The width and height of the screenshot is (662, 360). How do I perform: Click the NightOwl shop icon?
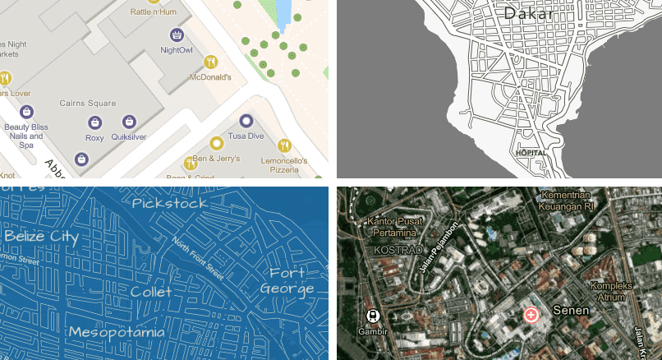coord(176,35)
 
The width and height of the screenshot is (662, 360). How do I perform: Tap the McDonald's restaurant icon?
coord(210,62)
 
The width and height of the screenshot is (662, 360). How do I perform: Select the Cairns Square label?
coord(87,104)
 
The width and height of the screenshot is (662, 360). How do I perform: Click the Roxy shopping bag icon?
coord(94,122)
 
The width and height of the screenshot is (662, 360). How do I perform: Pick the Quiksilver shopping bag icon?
coord(128,122)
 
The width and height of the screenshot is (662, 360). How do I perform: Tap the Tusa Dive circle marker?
coord(246,121)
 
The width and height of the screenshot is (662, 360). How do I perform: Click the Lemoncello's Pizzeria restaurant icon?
coord(283,145)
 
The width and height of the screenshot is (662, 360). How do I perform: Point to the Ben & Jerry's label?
coord(215,158)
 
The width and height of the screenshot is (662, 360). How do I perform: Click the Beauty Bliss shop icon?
coord(26,112)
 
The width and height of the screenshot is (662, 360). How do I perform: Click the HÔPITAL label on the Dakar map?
coord(530,153)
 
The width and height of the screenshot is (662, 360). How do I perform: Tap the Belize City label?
coord(41,237)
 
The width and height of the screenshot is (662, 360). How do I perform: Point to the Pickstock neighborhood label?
coord(169,202)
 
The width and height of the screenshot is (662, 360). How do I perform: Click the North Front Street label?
coord(198,257)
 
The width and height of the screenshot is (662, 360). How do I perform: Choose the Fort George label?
coord(287,280)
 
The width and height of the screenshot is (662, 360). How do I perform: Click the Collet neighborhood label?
coord(151,292)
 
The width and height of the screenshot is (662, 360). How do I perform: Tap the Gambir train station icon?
coord(371,316)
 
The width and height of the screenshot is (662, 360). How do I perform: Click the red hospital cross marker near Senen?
coord(531,315)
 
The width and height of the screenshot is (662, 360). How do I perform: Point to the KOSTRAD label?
coord(397,250)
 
